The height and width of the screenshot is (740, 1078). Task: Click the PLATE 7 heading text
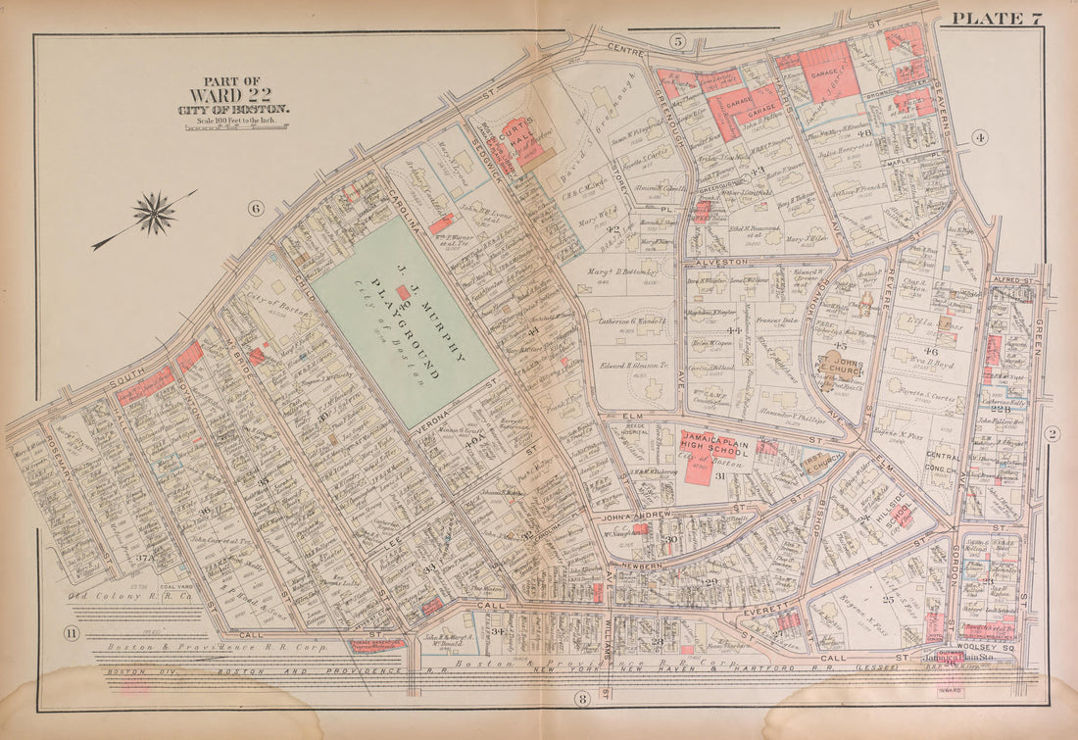tap(997, 18)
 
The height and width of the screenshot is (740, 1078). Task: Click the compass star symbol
tap(154, 213)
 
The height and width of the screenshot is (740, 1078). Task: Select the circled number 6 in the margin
tap(256, 208)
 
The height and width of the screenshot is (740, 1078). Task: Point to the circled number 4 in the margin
tap(980, 138)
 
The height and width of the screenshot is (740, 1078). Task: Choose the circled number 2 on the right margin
tap(1052, 434)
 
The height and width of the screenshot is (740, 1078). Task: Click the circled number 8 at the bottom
tap(582, 699)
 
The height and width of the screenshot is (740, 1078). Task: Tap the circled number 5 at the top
tap(677, 40)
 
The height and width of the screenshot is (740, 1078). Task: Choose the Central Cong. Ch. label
tap(943, 463)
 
